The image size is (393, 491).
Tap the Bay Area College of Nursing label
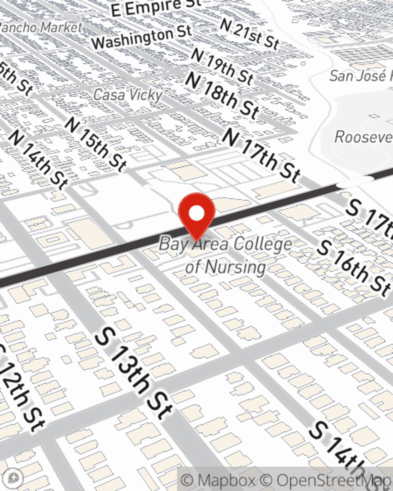[x=226, y=255]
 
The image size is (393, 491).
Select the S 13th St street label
[x=134, y=373]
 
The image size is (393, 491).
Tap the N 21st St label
[x=249, y=34]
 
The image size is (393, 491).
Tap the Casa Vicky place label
[x=128, y=95]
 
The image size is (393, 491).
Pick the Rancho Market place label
[x=41, y=27]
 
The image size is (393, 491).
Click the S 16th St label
[x=354, y=267]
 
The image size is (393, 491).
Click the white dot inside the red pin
[x=196, y=214]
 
